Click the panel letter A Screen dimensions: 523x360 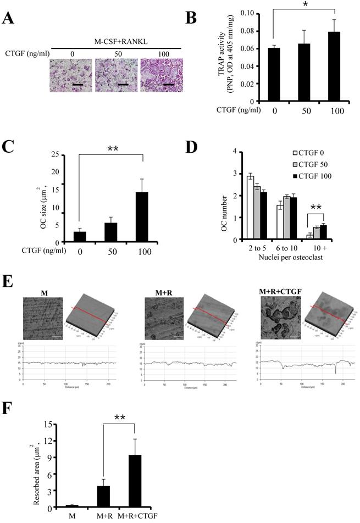8,18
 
